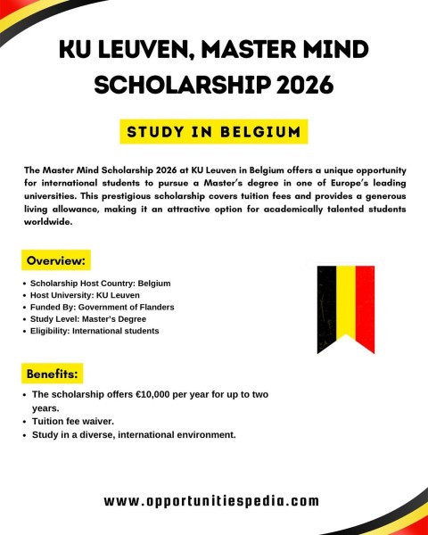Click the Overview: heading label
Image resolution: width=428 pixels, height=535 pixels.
[x=56, y=260]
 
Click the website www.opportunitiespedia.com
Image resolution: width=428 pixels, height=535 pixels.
[x=211, y=501]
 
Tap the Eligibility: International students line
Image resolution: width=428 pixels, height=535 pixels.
[x=95, y=331]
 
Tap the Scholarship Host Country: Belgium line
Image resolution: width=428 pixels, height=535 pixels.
[x=100, y=284]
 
